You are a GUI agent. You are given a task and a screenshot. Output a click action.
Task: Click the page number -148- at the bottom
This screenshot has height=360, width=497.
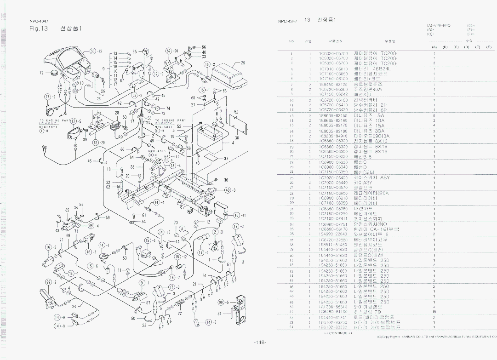coord(260,342)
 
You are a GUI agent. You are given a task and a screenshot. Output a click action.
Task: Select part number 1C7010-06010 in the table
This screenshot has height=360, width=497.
coord(333,69)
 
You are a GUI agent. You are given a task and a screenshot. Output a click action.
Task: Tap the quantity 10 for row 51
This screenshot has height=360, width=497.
coord(434,312)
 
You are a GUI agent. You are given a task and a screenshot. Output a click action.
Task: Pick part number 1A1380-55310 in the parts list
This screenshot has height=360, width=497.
coord(333,307)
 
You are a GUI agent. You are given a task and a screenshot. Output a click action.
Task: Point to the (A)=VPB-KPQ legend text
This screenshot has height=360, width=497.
coord(438,25)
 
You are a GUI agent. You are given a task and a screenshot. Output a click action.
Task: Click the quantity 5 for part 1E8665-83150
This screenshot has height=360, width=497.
coord(434,115)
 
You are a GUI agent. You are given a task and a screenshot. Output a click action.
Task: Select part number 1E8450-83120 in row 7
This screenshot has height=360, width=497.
coord(333,85)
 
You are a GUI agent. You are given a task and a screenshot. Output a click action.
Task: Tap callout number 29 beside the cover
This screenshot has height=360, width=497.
coord(243,63)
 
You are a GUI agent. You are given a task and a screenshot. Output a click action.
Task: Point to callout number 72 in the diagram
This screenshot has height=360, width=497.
coord(42,73)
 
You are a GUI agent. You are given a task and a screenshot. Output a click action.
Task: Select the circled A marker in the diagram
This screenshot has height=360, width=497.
coord(182,229)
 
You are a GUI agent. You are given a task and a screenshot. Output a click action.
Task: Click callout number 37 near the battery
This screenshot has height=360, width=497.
coord(226,159)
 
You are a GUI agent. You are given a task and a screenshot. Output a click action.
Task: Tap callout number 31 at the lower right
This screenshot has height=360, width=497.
coord(219,314)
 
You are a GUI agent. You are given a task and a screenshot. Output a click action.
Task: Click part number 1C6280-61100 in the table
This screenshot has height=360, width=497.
coord(333,312)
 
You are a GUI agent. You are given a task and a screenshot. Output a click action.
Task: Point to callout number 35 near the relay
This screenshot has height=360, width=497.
coord(135,52)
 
